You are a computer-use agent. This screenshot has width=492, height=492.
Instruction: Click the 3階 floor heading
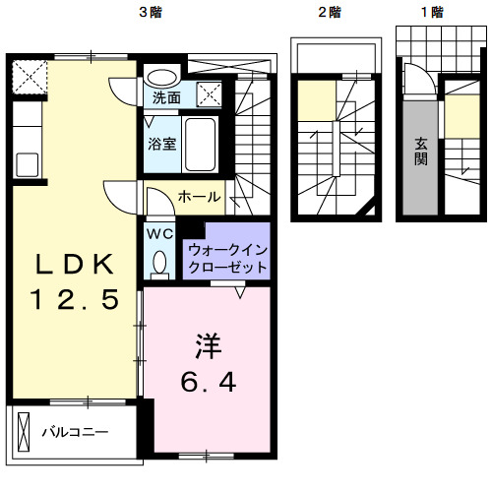point(150,13)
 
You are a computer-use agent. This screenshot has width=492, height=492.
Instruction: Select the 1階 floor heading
point(430,13)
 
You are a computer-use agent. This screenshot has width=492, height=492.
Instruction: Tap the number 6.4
point(207,381)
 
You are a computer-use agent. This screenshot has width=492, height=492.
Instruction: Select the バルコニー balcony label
point(73,431)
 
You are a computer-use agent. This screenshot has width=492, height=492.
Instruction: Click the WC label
point(159,234)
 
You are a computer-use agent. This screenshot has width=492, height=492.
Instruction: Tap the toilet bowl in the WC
point(159,262)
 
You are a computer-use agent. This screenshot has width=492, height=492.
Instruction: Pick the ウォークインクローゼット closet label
point(226,259)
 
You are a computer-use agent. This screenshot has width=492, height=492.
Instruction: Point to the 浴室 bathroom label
point(162,144)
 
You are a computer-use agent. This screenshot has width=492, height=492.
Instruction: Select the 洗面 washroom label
point(166,97)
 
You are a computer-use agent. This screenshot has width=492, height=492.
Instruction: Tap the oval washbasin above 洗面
point(162,76)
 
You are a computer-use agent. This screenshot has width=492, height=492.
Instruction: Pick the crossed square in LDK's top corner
point(30,75)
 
